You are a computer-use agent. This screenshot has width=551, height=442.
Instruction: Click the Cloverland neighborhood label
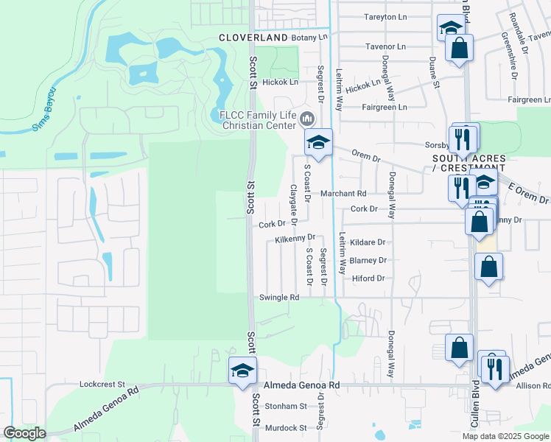[253, 37]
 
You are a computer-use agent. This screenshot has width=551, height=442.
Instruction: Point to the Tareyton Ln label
[385, 16]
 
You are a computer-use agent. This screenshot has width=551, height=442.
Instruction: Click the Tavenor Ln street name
[385, 46]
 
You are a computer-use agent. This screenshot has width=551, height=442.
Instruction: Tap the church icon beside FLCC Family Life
[307, 118]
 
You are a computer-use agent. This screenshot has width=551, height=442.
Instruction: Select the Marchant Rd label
[343, 194]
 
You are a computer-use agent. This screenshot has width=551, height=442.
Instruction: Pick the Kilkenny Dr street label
[295, 239]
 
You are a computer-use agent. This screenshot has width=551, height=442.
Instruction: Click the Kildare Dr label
[368, 242]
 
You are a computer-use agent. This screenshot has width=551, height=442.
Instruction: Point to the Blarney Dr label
[368, 260]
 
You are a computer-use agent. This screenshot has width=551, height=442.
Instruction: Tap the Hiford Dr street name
[369, 278]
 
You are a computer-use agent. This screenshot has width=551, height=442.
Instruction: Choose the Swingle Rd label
[278, 298]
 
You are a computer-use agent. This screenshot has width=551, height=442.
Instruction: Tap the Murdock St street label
[286, 427]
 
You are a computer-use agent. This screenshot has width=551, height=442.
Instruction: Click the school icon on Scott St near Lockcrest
[242, 371]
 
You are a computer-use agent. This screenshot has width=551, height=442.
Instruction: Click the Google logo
[24, 433]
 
